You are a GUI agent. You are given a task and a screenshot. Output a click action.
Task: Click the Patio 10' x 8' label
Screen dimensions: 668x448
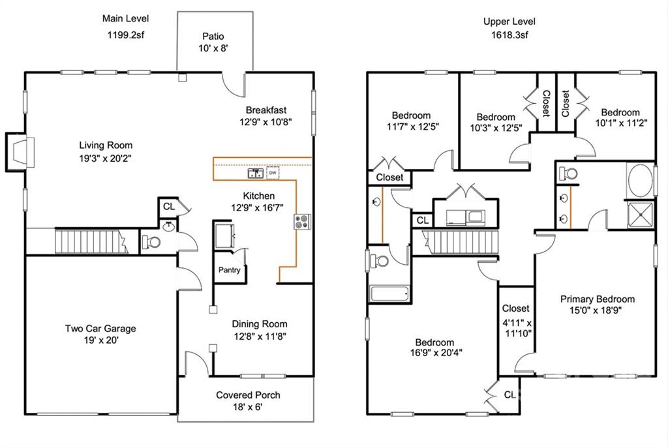pyautogui.click(x=213, y=42)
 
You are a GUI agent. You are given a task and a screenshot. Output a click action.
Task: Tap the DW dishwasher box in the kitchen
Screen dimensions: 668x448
pyautogui.click(x=273, y=173)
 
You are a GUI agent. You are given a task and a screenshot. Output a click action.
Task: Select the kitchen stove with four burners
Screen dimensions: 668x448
pyautogui.click(x=302, y=222)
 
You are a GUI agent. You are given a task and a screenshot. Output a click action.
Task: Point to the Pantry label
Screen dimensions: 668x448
pyautogui.click(x=229, y=270)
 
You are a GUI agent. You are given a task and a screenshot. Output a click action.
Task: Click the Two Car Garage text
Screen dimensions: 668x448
pyautogui.click(x=100, y=328)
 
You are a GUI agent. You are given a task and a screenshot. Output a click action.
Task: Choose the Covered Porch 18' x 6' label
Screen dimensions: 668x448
pyautogui.click(x=248, y=401)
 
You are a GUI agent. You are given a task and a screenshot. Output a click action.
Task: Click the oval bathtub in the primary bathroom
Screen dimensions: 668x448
pyautogui.click(x=641, y=181)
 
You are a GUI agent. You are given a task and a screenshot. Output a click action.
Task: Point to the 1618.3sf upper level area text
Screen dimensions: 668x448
pyautogui.click(x=509, y=35)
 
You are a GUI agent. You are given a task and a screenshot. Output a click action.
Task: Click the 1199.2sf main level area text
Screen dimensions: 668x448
pyautogui.click(x=126, y=35)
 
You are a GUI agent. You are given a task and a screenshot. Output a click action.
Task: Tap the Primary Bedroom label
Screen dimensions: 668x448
pyautogui.click(x=598, y=299)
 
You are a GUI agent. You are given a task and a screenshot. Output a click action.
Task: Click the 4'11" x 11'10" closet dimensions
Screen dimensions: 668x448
pyautogui.click(x=517, y=328)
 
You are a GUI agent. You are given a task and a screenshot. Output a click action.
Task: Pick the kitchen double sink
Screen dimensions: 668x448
pyautogui.click(x=256, y=173)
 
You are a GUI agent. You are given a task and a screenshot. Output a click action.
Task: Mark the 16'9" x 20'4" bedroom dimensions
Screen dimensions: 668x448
pyautogui.click(x=436, y=353)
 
